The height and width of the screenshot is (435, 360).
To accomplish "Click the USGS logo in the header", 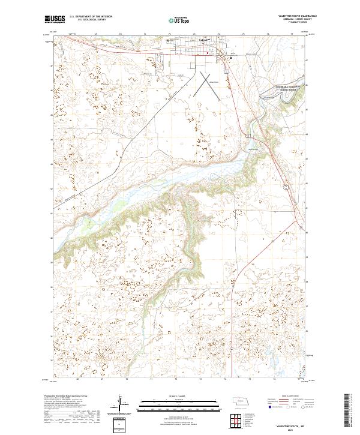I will click(x=55, y=20).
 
